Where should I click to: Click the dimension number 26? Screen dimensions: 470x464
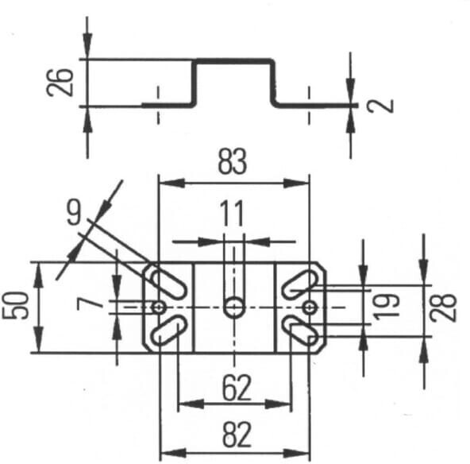pos(60,83)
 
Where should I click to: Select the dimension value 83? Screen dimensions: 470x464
pos(233,161)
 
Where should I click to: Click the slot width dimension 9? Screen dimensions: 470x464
pos(74,212)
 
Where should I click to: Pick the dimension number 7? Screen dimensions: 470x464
pos(91,305)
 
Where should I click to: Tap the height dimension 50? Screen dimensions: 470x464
pos(15,306)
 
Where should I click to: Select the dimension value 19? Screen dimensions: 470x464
pos(387,307)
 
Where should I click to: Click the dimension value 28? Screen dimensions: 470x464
pos(443,308)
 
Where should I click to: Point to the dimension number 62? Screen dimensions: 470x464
pos(237,388)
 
